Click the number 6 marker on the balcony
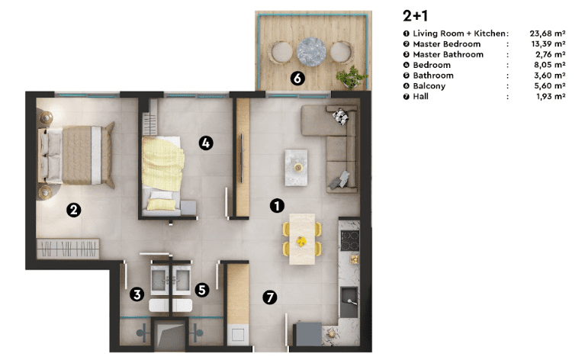coord(297,79)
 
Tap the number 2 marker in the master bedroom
coord(73,210)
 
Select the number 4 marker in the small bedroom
coord(206,143)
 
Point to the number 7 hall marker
coord(270,297)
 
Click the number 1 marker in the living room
coord(277,206)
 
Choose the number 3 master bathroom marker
coord(137,294)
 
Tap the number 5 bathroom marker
coord(202,290)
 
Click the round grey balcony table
coord(311,51)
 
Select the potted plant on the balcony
coord(350,78)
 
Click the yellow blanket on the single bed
coord(162,163)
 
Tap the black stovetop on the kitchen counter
coord(350,240)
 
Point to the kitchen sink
coord(349,302)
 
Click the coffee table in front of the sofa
coord(296,168)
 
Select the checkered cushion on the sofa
coord(341,116)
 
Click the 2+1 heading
coord(415,16)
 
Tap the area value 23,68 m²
coord(548,34)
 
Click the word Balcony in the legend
coord(429,85)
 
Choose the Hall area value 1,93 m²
coord(551,96)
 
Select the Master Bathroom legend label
coord(448,54)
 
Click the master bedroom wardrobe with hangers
coord(68,249)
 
